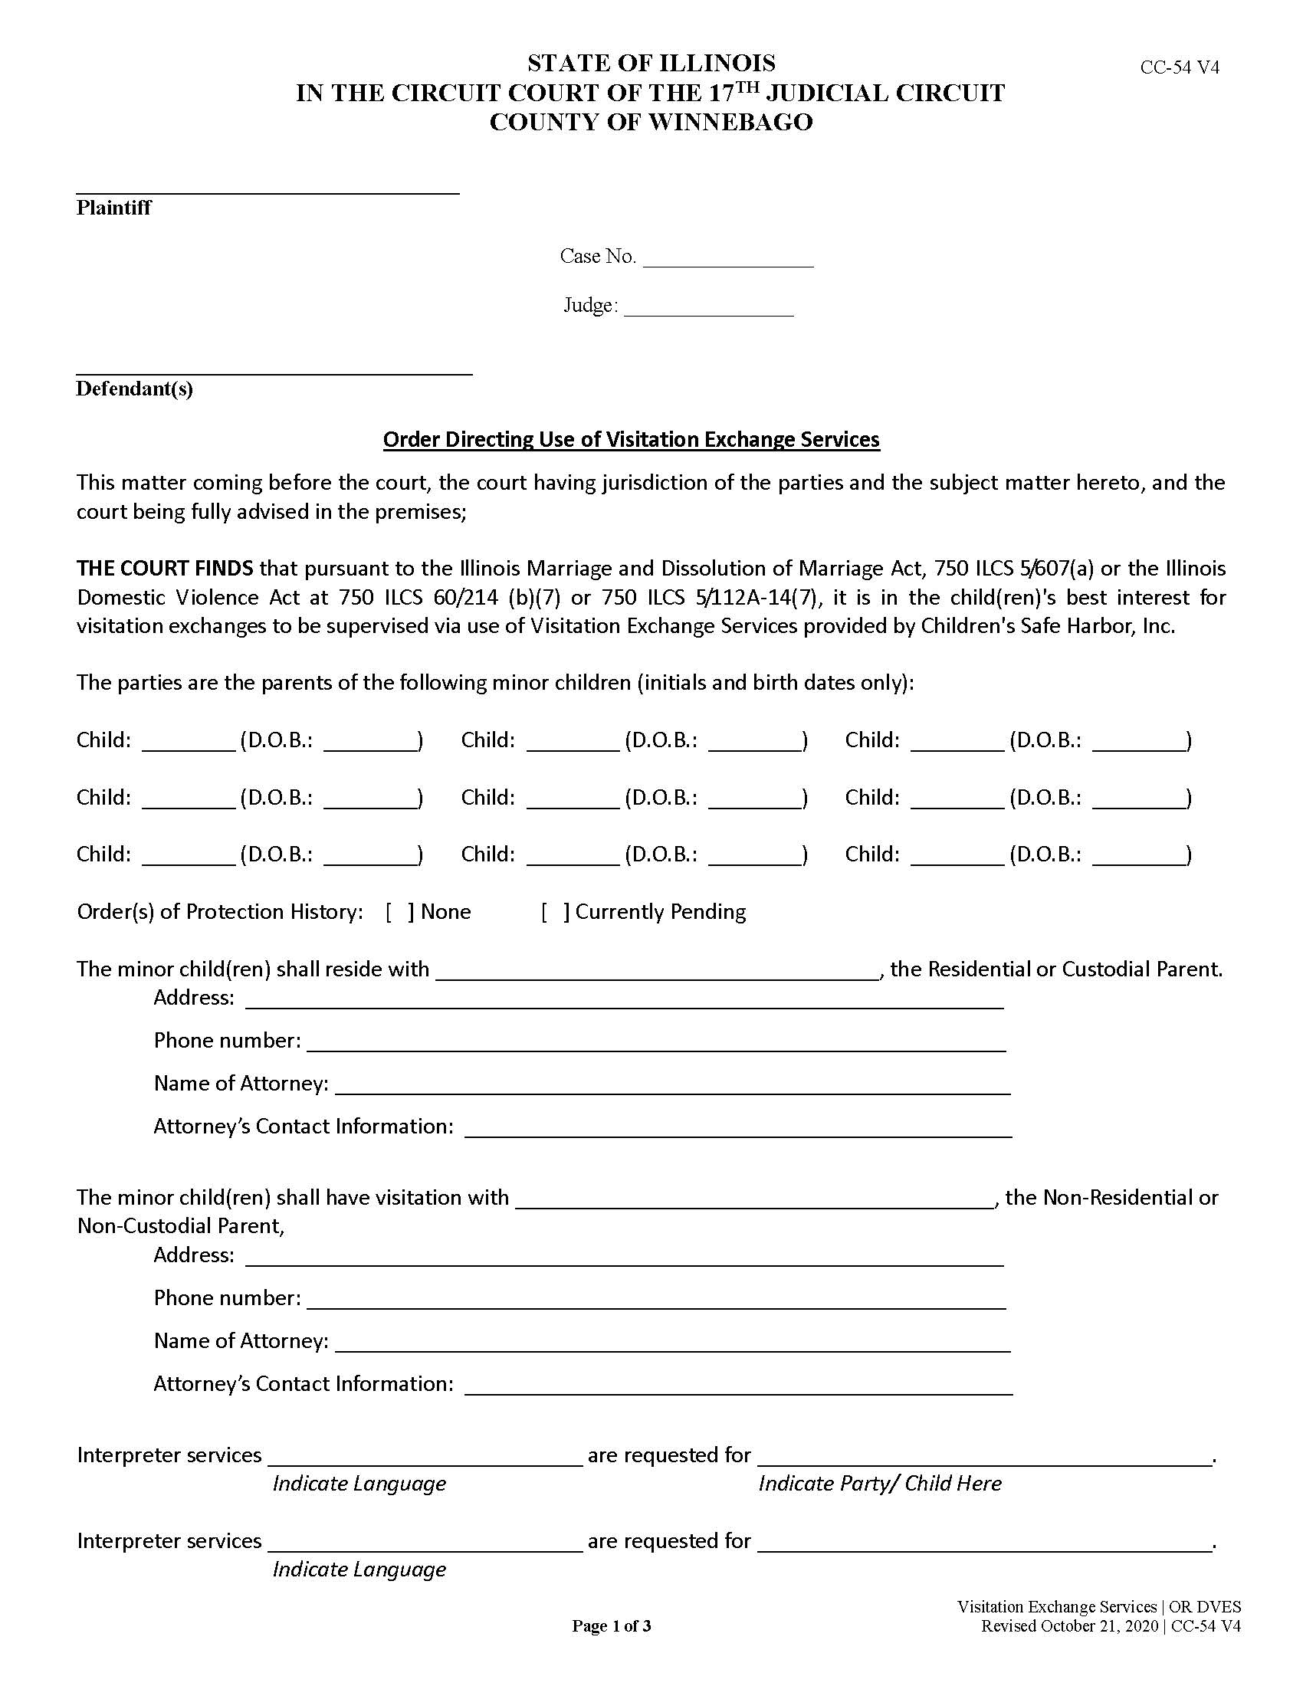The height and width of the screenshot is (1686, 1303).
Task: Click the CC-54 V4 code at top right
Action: (x=1180, y=67)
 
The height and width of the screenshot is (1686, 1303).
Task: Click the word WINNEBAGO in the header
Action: (x=730, y=122)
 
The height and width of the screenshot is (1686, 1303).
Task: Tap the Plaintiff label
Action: (x=113, y=208)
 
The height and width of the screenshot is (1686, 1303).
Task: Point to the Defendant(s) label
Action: (x=134, y=389)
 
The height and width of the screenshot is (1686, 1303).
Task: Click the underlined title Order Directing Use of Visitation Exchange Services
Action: (x=631, y=439)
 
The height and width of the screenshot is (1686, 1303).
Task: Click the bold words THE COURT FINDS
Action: (x=165, y=568)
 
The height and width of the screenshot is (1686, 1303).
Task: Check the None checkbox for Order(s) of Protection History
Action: (x=400, y=912)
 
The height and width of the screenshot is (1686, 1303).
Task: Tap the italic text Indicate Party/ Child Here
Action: (x=879, y=1483)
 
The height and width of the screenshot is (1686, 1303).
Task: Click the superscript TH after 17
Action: (x=749, y=87)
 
